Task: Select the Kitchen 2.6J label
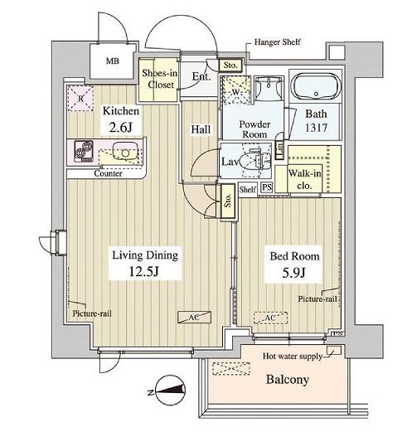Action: point(120,119)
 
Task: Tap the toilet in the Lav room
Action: point(251,161)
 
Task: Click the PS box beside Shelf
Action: point(266,188)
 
